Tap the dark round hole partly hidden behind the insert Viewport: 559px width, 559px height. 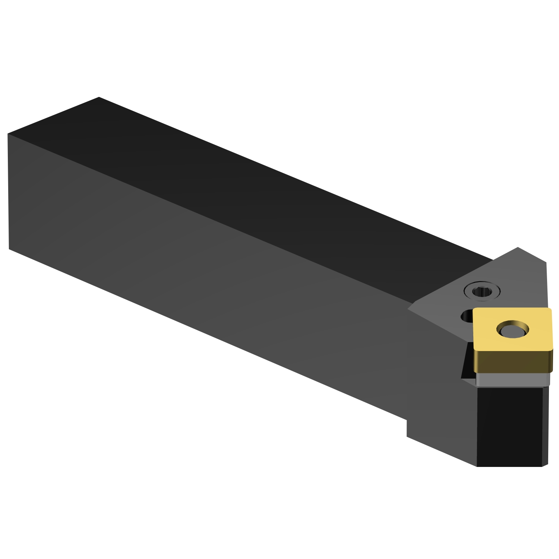pos(467,317)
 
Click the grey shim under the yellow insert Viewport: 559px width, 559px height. pos(512,380)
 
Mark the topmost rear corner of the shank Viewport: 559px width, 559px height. pos(99,97)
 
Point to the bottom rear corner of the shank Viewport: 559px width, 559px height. pos(9,249)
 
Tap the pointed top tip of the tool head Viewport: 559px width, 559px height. pos(518,247)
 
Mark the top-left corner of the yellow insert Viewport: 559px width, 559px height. pos(474,309)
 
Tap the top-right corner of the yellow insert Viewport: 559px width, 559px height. pos(551,308)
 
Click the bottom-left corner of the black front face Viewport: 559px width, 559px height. pos(477,466)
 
